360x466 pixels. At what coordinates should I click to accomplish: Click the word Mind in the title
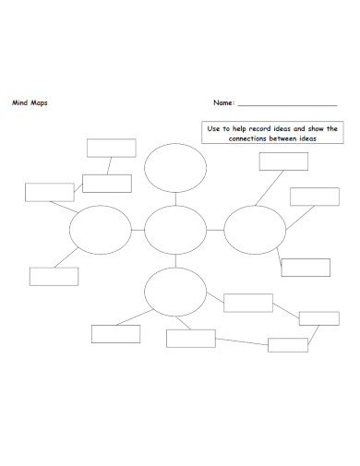(18, 103)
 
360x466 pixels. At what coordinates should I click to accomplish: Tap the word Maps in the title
(39, 103)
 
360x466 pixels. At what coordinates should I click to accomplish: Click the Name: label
(224, 103)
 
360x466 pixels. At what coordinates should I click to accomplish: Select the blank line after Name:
(287, 104)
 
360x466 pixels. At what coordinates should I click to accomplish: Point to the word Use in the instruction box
(215, 129)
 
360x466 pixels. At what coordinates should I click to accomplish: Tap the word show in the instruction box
(317, 129)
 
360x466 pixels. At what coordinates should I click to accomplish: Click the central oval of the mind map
(175, 230)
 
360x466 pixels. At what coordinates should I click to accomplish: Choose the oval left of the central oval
(101, 230)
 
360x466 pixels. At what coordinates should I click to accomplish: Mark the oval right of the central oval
(255, 230)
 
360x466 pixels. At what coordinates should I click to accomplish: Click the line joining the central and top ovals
(175, 199)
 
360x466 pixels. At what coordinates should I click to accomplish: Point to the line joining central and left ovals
(138, 230)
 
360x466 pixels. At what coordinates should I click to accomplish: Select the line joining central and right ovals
(215, 230)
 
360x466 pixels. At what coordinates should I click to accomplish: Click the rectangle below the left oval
(54, 276)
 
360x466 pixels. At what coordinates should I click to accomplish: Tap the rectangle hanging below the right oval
(305, 268)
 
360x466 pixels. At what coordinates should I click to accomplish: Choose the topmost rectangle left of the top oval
(111, 148)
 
